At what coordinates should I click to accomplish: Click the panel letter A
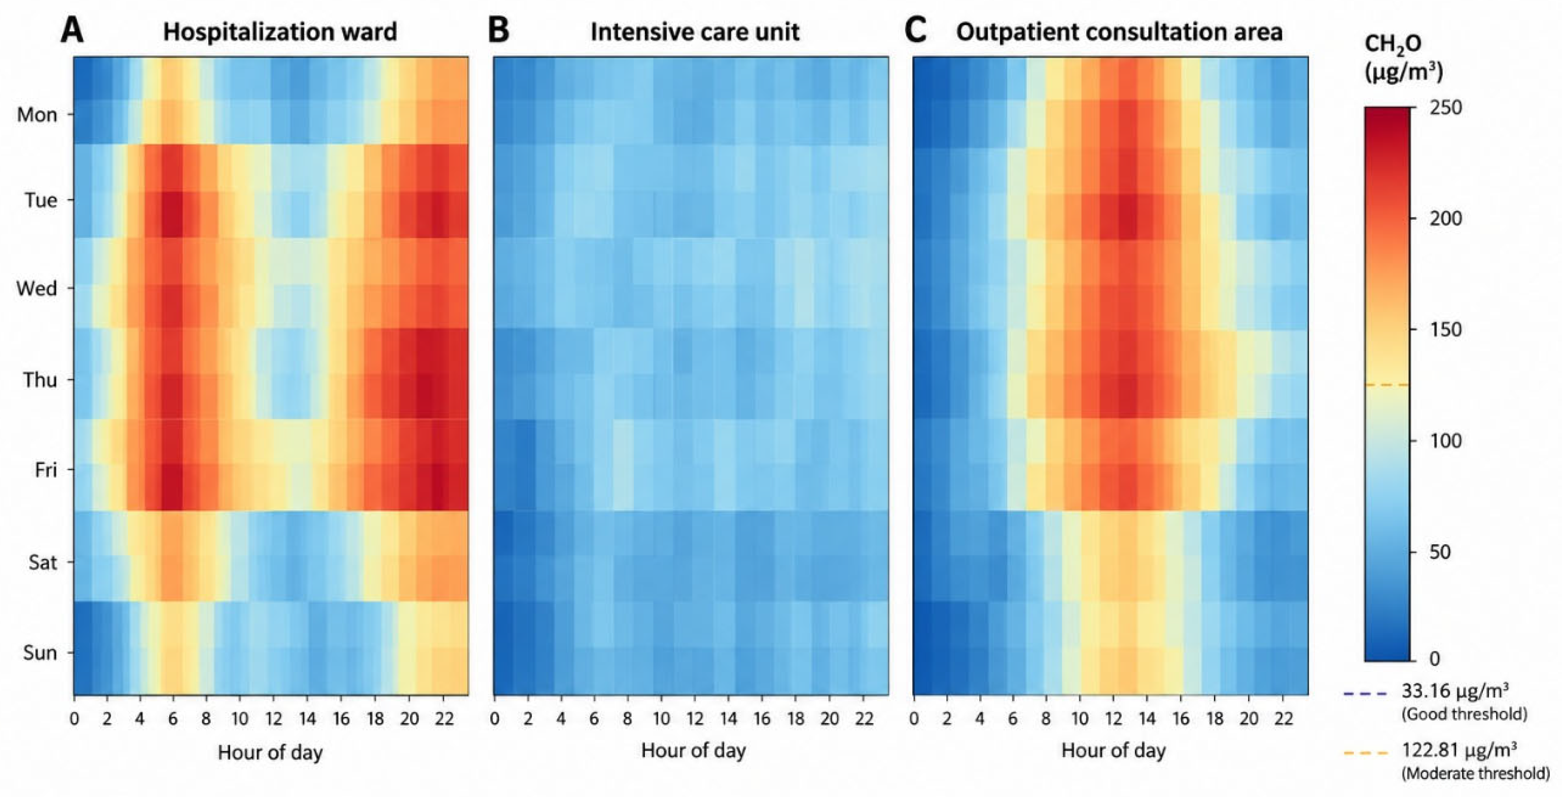[72, 31]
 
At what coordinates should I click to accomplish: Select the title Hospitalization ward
[279, 32]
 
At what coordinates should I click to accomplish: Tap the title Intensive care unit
[695, 32]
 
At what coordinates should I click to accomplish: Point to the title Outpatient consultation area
[1120, 32]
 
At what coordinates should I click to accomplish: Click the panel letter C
[915, 31]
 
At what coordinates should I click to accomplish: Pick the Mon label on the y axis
[37, 115]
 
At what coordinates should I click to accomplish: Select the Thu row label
[40, 380]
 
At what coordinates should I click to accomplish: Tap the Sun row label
[40, 653]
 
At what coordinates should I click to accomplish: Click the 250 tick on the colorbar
[1445, 107]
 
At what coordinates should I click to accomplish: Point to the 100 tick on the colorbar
[1445, 441]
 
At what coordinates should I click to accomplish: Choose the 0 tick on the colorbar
[1434, 658]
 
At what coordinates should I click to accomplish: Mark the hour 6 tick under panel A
[174, 719]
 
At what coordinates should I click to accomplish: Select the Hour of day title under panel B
[693, 751]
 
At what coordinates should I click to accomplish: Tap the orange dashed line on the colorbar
[1387, 385]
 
